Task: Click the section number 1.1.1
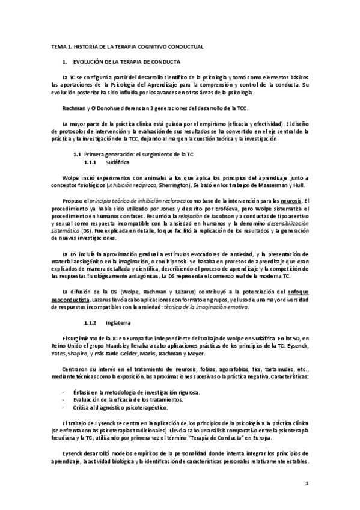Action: (91, 162)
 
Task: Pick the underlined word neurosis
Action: (290, 200)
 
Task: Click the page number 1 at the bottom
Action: (307, 483)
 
